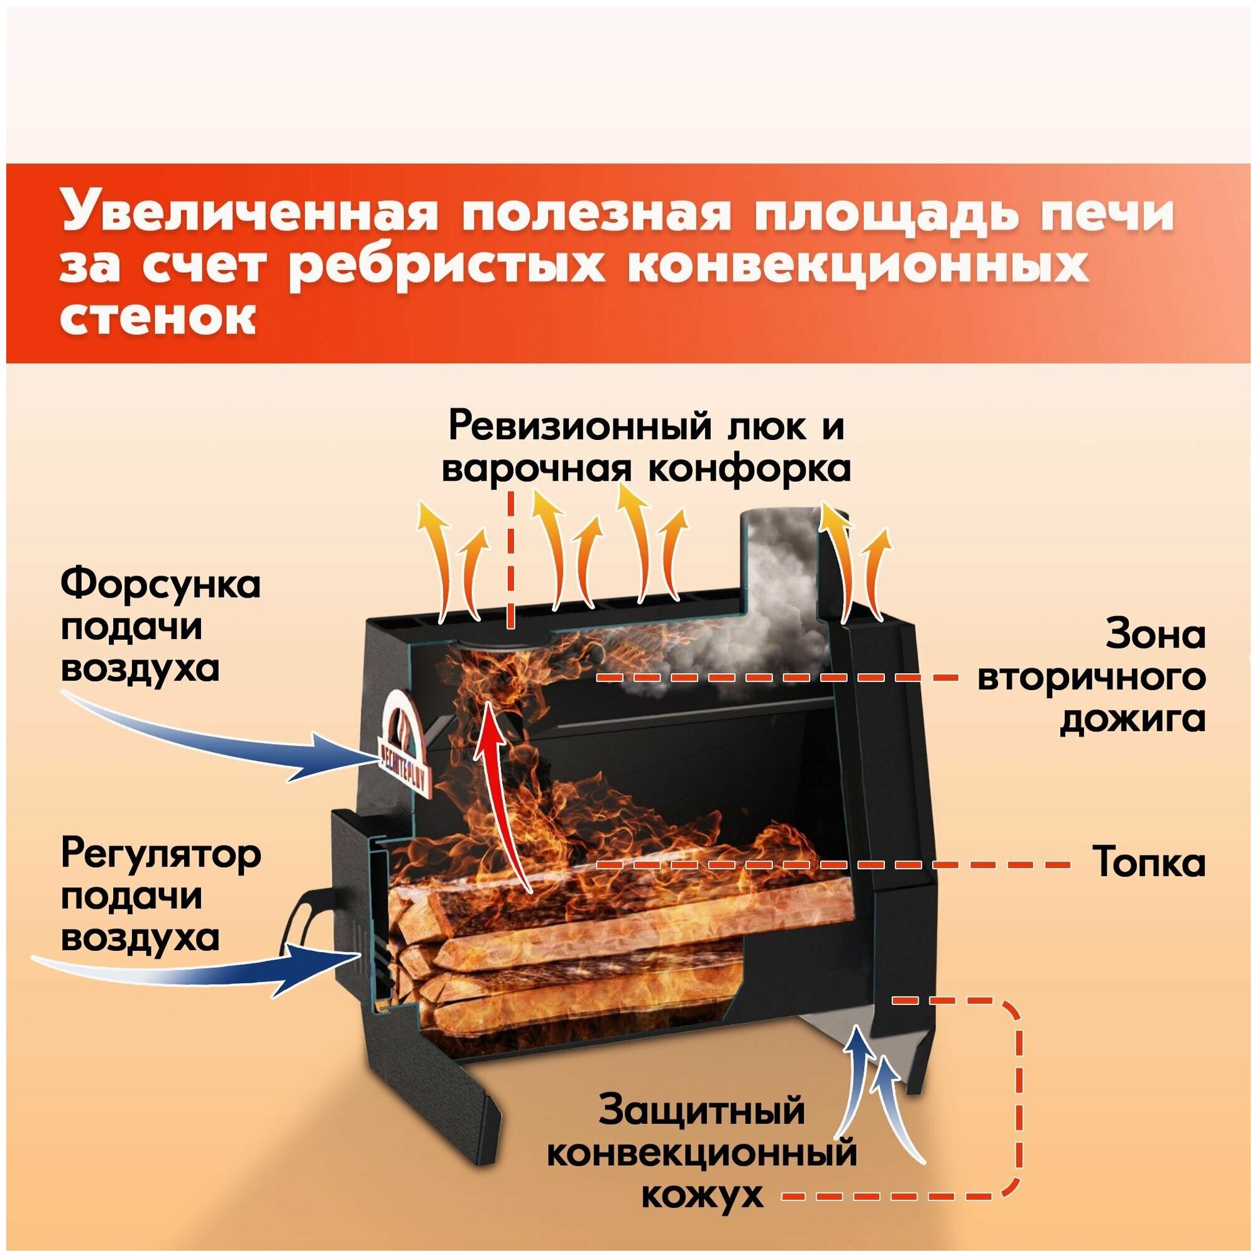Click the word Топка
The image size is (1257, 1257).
click(x=1149, y=864)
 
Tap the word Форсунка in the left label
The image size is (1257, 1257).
click(x=160, y=585)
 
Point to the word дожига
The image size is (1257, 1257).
click(x=1132, y=720)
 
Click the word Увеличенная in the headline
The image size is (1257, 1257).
click(x=248, y=214)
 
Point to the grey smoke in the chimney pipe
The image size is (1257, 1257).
click(x=777, y=566)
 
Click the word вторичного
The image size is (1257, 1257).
click(x=1091, y=678)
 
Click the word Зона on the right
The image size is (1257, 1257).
click(x=1155, y=635)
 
